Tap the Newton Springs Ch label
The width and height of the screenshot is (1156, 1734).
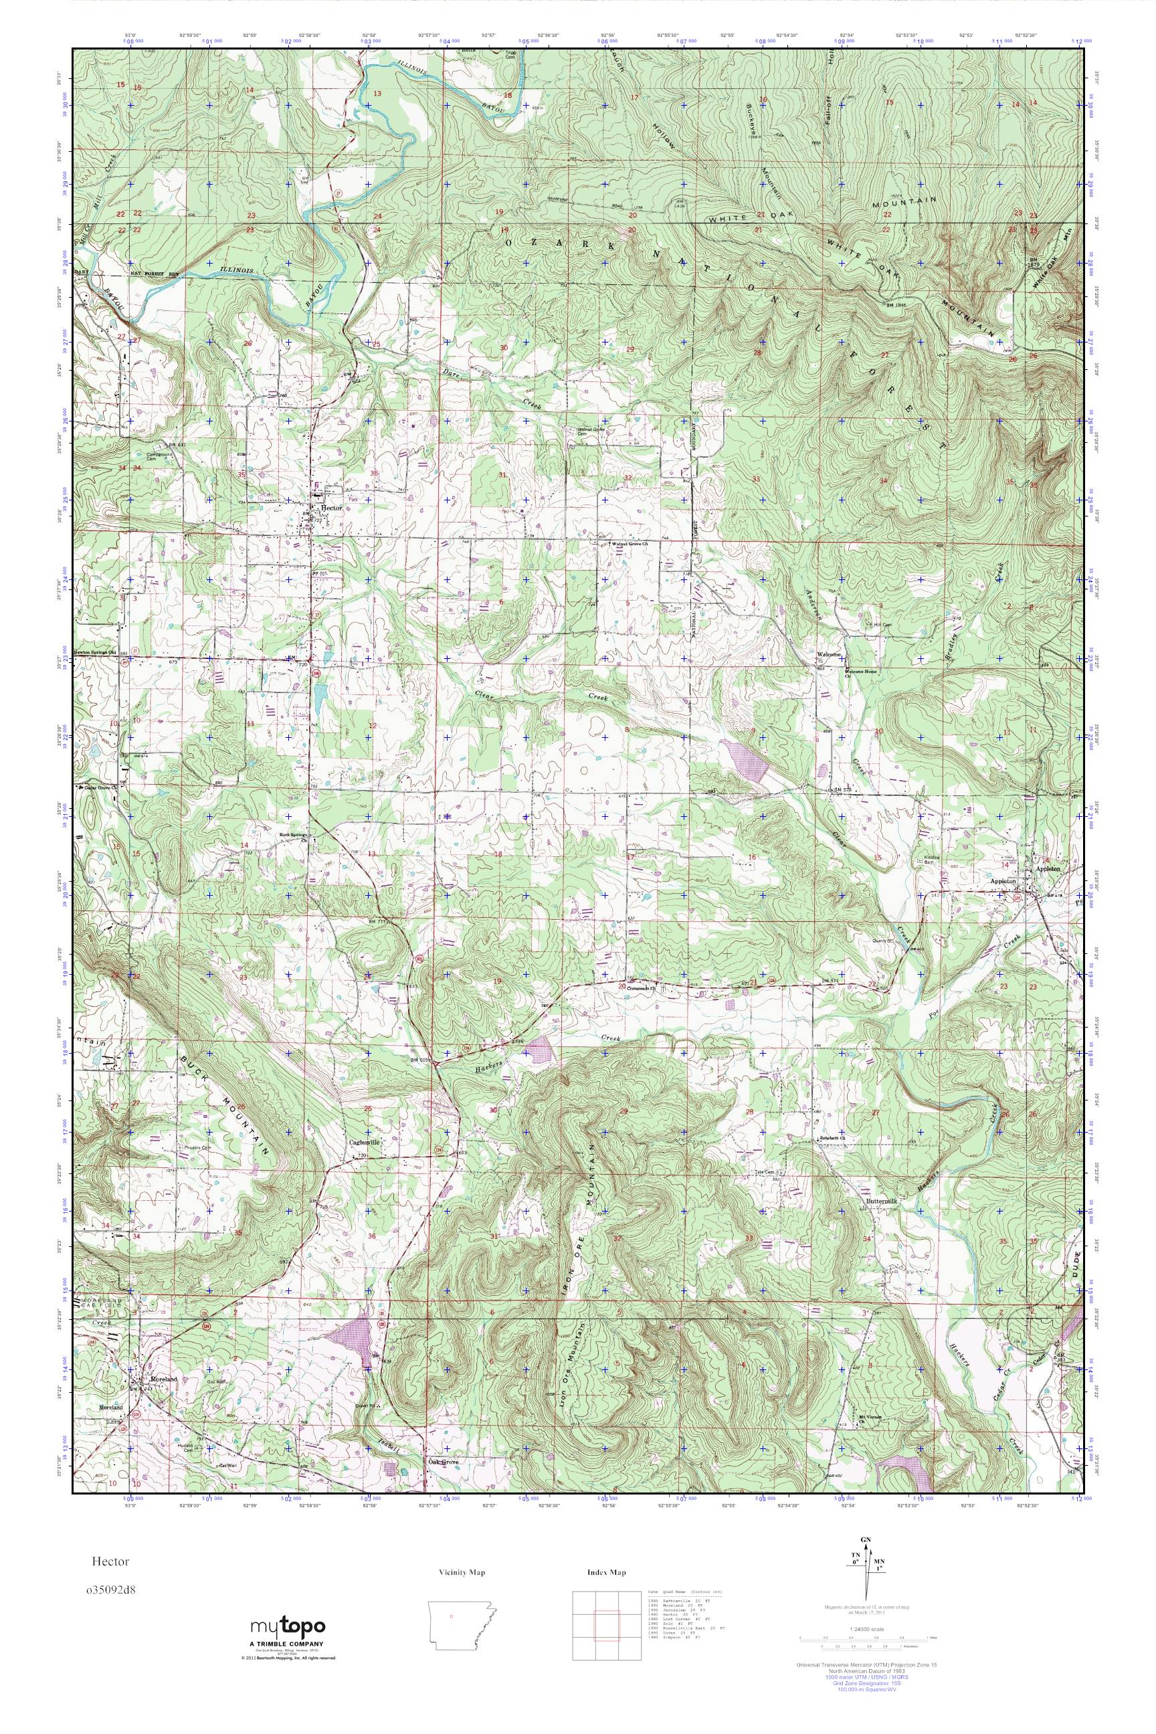(96, 652)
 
